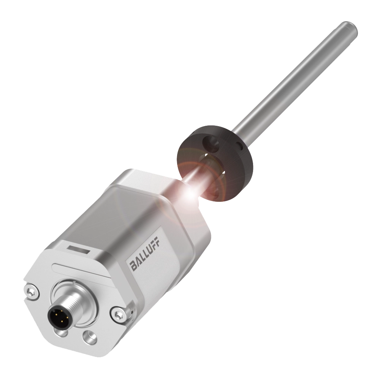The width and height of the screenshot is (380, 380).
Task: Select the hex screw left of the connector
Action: (32, 292)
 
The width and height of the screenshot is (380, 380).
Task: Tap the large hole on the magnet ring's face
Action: (210, 144)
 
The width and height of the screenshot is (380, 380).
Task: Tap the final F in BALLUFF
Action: (157, 247)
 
